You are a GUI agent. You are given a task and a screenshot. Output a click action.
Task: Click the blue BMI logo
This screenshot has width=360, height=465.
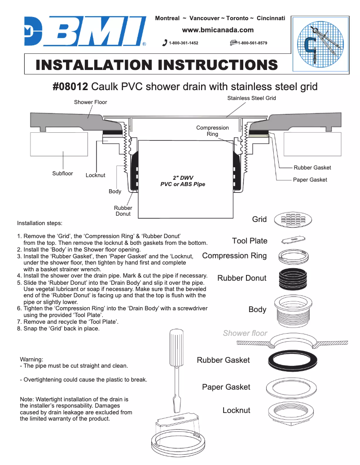coord(85,31)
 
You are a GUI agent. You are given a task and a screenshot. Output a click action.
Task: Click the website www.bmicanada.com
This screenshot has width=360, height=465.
coord(218,30)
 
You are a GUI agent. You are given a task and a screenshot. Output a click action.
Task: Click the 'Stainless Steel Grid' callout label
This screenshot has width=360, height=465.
coord(251,98)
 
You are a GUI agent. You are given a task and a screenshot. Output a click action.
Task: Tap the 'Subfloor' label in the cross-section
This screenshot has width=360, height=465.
coord(62,174)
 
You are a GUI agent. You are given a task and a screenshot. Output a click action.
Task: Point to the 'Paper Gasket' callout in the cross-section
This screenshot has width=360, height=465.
coord(310,180)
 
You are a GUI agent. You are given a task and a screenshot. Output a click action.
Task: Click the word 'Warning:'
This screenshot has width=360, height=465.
coord(31,359)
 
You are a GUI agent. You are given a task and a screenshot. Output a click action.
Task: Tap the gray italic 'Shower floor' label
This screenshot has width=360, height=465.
coord(245,333)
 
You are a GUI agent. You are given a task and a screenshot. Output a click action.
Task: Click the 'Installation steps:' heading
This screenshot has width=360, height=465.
coord(40,223)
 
